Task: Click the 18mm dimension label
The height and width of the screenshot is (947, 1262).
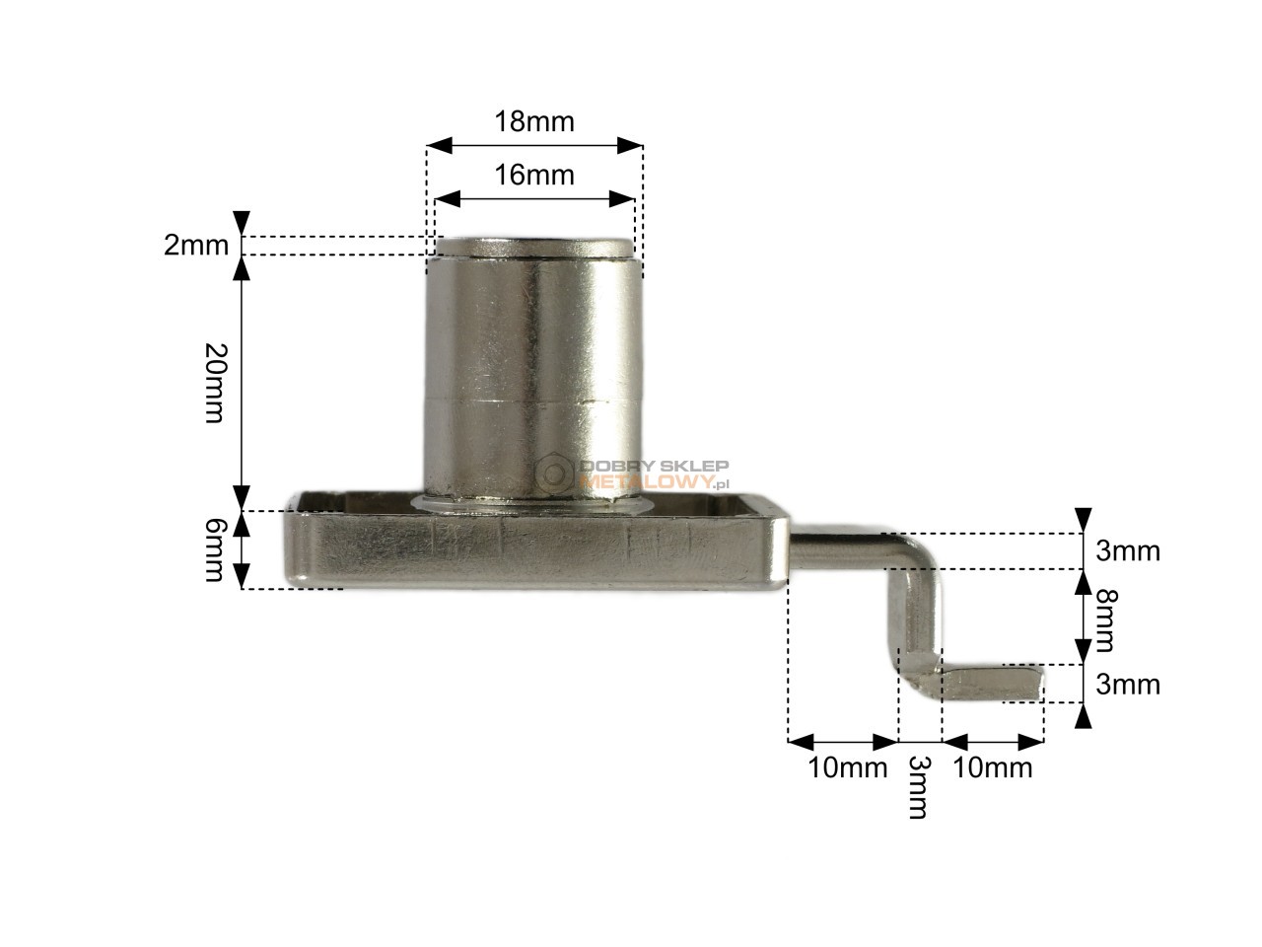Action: pyautogui.click(x=533, y=122)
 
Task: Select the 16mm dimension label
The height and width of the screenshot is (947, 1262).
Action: pyautogui.click(x=533, y=175)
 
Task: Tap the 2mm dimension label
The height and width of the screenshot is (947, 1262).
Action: pyautogui.click(x=196, y=246)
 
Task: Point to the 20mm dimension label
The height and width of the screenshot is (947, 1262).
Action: pyautogui.click(x=217, y=383)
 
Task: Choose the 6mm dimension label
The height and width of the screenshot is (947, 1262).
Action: pyautogui.click(x=217, y=550)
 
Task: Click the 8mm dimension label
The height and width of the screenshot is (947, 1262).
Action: pyautogui.click(x=1105, y=620)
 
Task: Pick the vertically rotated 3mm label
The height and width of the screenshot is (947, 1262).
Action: pyautogui.click(x=918, y=787)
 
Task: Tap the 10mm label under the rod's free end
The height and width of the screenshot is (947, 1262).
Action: pyautogui.click(x=993, y=767)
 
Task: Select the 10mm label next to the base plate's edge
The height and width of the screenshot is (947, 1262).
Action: pyautogui.click(x=848, y=767)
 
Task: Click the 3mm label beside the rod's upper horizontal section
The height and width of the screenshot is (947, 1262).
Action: pyautogui.click(x=1128, y=550)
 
